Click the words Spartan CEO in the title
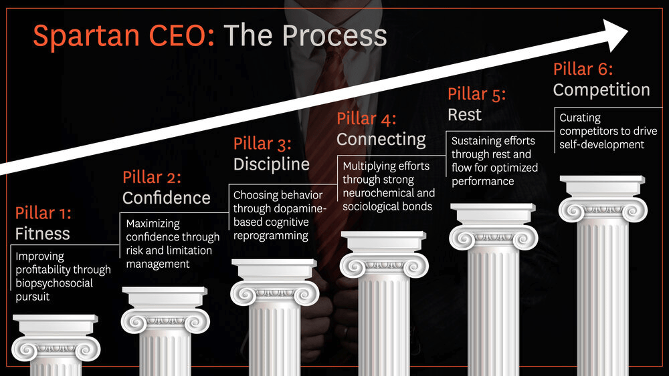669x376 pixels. [124, 36]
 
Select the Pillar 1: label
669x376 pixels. [43, 213]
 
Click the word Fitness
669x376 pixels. [42, 234]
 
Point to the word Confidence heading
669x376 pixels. [167, 198]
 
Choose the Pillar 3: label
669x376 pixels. [262, 144]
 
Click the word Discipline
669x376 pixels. [272, 164]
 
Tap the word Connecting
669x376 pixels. [381, 140]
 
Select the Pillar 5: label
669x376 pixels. [476, 94]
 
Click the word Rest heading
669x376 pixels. [465, 115]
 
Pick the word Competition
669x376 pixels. [601, 90]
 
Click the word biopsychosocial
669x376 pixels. [54, 284]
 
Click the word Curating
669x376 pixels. [580, 118]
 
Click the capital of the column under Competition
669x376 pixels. [603, 199]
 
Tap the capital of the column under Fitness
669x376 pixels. [56, 338]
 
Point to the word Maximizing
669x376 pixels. [153, 224]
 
